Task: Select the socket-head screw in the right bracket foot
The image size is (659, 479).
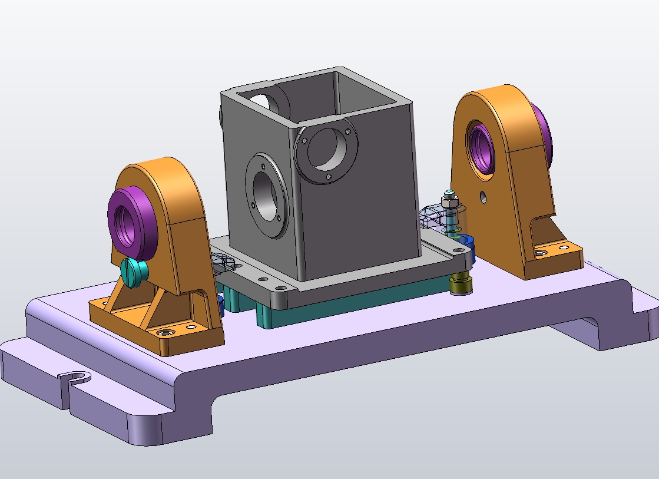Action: coord(541,253)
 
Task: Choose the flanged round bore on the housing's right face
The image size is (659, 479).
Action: coord(326,150)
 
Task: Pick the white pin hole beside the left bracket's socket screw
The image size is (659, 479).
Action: coord(190,326)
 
